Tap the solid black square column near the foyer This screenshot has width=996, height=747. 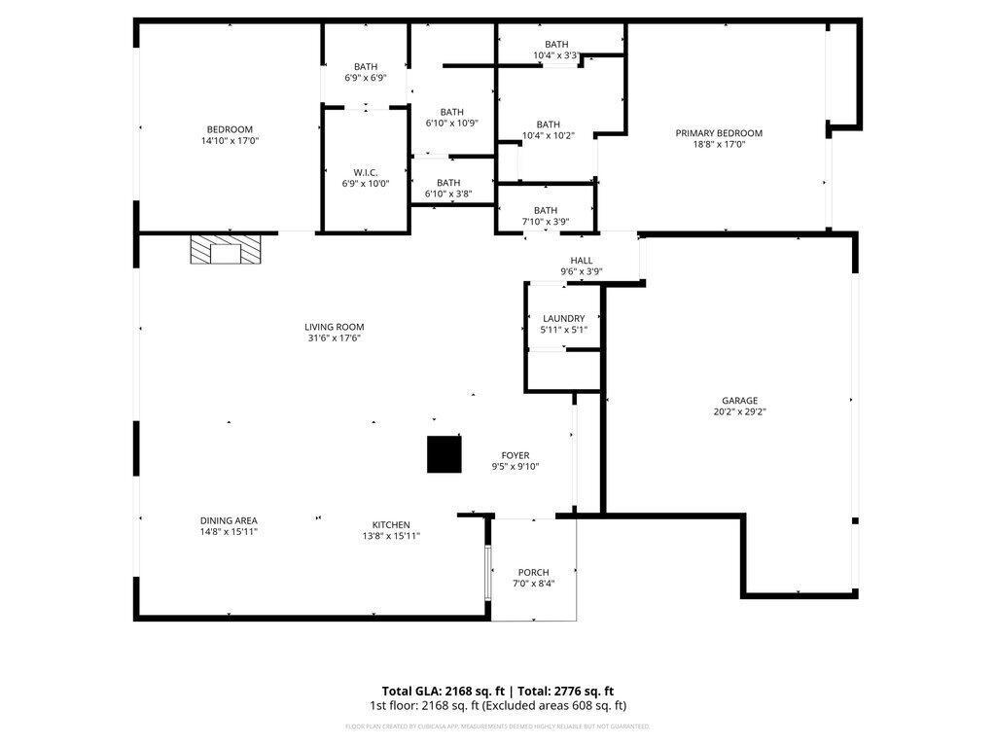[x=445, y=454]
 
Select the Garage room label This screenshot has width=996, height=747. [x=739, y=400]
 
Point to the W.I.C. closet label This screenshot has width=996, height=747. [x=366, y=172]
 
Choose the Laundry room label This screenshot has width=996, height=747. [x=563, y=318]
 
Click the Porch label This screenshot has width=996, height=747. [x=533, y=572]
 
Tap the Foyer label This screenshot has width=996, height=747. [x=515, y=455]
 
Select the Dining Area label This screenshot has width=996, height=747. [x=229, y=520]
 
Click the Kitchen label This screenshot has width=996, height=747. [x=391, y=524]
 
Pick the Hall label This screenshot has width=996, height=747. [x=582, y=260]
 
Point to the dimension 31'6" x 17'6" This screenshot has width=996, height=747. [x=334, y=338]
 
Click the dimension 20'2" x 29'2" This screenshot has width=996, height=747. [x=739, y=411]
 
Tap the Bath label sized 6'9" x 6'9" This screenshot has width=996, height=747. [x=366, y=66]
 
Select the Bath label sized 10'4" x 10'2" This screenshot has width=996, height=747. [x=548, y=124]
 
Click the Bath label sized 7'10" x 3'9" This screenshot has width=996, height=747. [x=546, y=210]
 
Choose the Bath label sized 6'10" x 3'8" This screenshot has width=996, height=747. [x=448, y=183]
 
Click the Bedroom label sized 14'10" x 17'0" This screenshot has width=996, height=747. [x=230, y=129]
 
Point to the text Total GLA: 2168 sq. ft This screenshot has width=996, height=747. [x=437, y=689]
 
